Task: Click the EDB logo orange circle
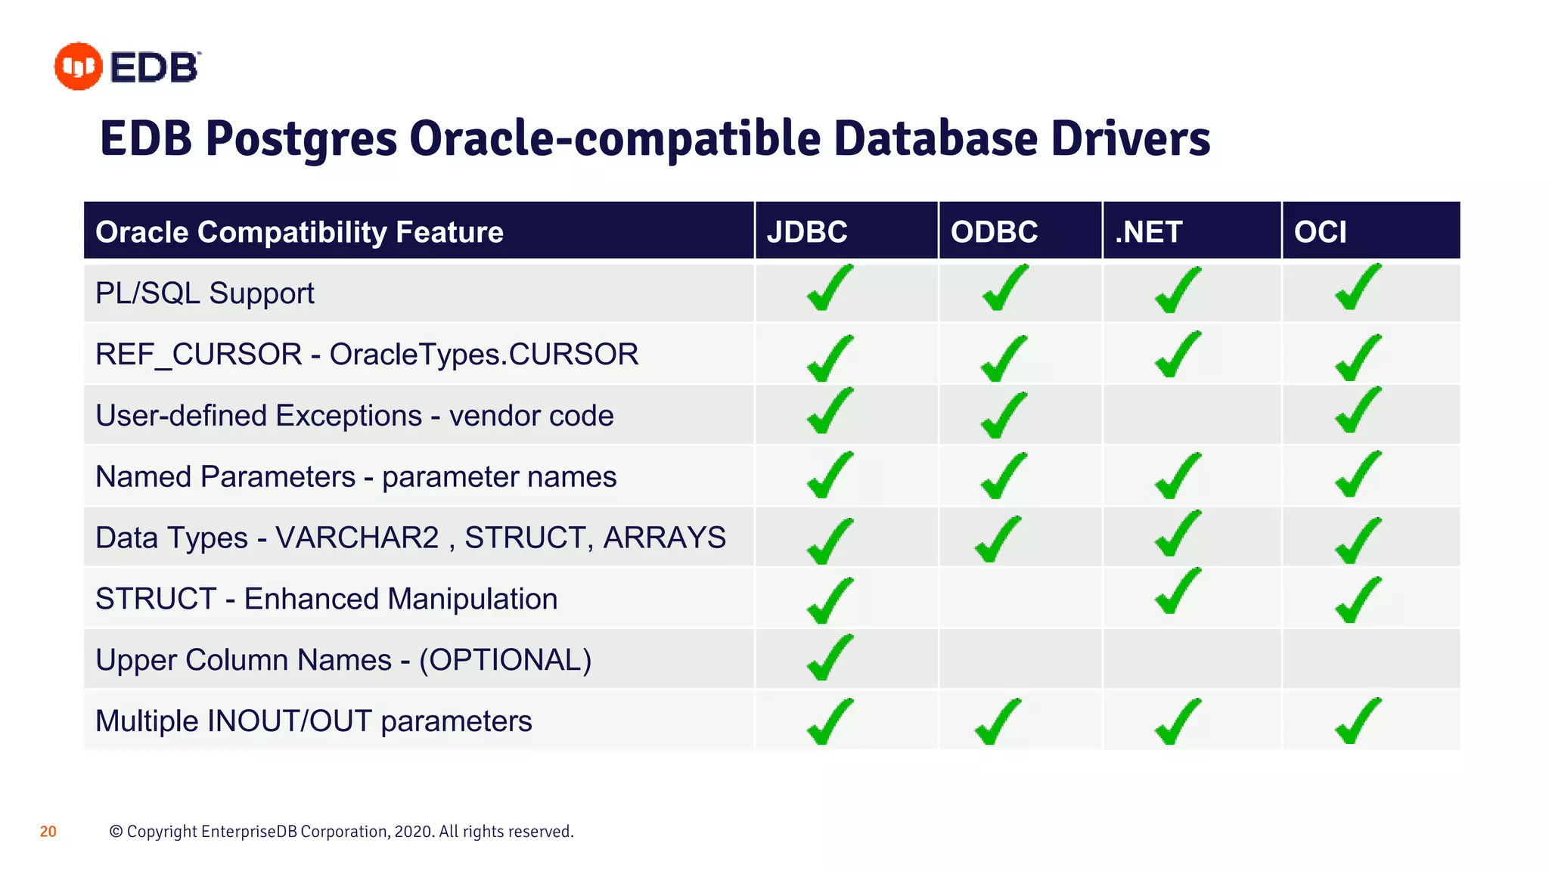point(78,67)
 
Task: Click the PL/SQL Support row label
point(205,293)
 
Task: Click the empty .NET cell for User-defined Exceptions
point(1192,415)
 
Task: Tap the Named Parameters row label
point(355,477)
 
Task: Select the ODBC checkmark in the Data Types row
point(998,539)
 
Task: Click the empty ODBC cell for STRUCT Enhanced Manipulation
point(1020,598)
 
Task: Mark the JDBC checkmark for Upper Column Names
point(830,658)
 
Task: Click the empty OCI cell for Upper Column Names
point(1371,659)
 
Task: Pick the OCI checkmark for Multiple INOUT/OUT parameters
point(1358,721)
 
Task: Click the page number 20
point(48,832)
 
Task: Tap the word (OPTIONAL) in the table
point(505,660)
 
